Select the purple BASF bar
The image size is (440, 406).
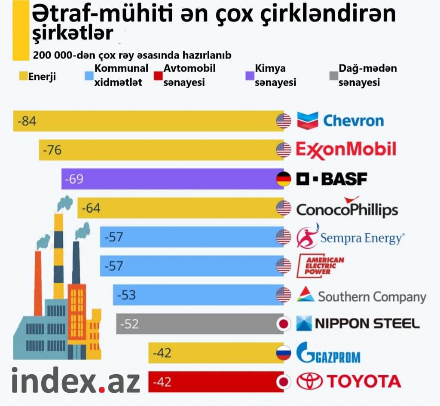coord(172,179)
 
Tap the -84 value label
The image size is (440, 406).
coord(27,121)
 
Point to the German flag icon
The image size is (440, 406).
coord(284,179)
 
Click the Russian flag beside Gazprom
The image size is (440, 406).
coord(284,353)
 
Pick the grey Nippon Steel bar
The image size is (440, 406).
coord(198,324)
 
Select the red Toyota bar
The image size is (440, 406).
coord(215,382)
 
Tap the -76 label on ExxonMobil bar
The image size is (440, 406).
coord(52,150)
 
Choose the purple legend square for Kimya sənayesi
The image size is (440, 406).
coord(249,76)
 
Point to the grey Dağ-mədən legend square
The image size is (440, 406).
coord(333,76)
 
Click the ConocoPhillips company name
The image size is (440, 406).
coord(347,210)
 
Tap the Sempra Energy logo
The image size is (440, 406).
coord(350,238)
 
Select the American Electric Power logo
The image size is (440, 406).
coord(321,266)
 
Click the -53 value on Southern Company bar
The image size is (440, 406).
coord(126,295)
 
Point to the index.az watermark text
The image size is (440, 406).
coord(75,380)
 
